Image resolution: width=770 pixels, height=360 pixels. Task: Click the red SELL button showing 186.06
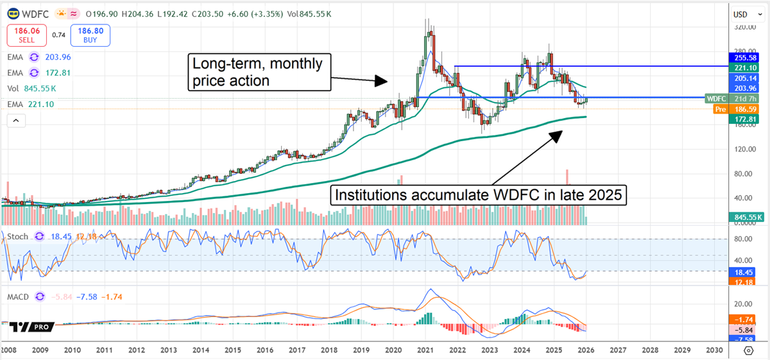(x=26, y=34)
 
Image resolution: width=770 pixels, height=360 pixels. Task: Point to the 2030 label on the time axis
(x=714, y=350)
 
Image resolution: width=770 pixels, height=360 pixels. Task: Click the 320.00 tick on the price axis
(x=744, y=28)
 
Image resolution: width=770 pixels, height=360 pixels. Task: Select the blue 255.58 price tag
(x=744, y=56)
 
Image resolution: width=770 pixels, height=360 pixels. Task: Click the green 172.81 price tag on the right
(x=744, y=119)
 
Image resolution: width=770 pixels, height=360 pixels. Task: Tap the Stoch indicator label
(x=18, y=237)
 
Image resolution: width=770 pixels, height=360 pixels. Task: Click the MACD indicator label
(x=19, y=296)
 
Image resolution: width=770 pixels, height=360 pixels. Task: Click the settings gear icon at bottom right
(x=748, y=350)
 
